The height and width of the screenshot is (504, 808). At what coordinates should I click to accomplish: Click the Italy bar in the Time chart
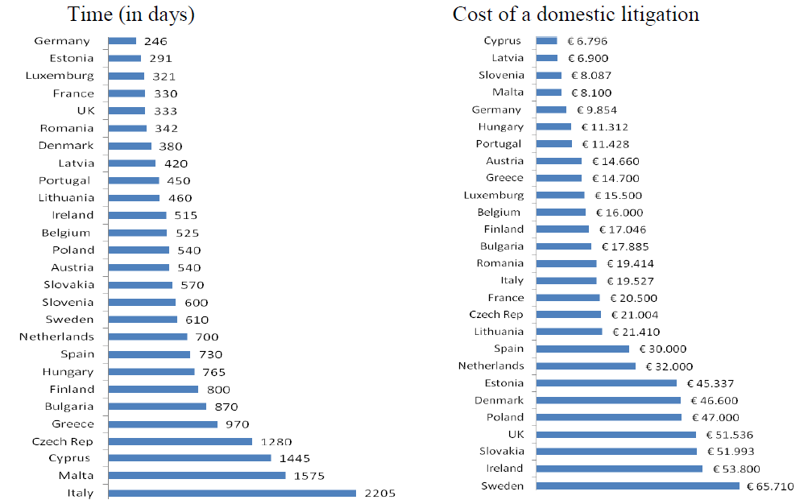pyautogui.click(x=232, y=494)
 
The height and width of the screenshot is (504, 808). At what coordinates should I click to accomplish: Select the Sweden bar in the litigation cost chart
pyautogui.click(x=637, y=485)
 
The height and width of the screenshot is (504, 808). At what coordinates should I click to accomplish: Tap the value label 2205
pyautogui.click(x=379, y=494)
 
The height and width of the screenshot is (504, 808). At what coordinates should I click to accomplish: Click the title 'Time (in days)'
pyautogui.click(x=131, y=14)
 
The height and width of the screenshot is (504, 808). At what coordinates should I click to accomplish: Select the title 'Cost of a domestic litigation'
pyautogui.click(x=576, y=14)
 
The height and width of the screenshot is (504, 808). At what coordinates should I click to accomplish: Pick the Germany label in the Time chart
pyautogui.click(x=62, y=41)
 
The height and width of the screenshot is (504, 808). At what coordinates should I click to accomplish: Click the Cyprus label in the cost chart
pyautogui.click(x=503, y=41)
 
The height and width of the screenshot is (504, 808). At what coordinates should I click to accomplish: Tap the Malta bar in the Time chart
pyautogui.click(x=197, y=476)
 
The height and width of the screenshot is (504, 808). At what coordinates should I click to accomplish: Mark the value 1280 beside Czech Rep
pyautogui.click(x=276, y=441)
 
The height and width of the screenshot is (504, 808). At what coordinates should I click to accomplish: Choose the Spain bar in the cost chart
pyautogui.click(x=582, y=349)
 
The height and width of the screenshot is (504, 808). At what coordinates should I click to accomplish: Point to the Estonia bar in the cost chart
pyautogui.click(x=606, y=383)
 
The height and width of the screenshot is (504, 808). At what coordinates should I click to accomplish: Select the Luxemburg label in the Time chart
pyautogui.click(x=60, y=76)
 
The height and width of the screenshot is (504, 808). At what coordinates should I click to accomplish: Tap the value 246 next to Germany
pyautogui.click(x=156, y=41)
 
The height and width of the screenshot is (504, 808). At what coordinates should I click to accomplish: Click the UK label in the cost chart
pyautogui.click(x=516, y=435)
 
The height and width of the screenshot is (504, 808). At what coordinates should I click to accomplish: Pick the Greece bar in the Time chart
pyautogui.click(x=163, y=423)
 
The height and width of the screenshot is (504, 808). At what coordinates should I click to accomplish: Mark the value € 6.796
pyautogui.click(x=586, y=41)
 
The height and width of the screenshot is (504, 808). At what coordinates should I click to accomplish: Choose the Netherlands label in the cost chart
pyautogui.click(x=491, y=366)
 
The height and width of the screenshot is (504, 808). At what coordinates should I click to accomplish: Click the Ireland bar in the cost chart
pyautogui.click(x=619, y=469)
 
